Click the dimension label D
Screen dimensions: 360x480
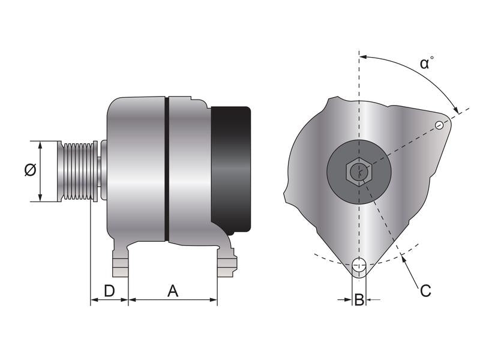[109, 291]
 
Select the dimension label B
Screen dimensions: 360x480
[359, 299]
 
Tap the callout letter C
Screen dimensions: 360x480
[425, 291]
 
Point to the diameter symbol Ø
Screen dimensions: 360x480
[30, 170]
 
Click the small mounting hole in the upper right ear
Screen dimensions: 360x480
[440, 125]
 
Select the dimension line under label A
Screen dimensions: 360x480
[173, 299]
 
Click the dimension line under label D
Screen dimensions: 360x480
[109, 299]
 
